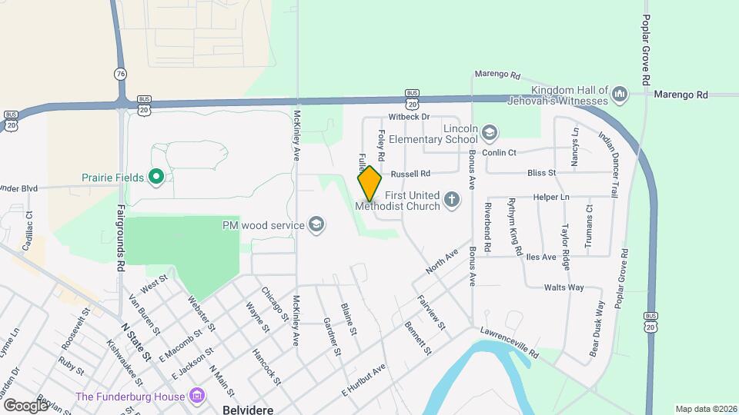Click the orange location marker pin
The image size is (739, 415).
click(369, 183)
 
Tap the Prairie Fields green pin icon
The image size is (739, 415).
click(156, 178)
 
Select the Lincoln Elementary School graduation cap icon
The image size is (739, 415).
click(488, 134)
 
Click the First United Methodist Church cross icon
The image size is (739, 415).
click(452, 201)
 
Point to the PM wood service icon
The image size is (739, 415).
click(316, 224)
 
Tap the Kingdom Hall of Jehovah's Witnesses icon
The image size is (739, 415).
click(620, 95)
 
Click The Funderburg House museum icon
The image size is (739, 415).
click(198, 397)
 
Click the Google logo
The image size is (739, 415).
click(25, 404)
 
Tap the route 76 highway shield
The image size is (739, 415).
click(119, 74)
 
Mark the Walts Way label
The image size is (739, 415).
click(563, 287)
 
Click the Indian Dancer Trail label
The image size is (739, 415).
click(608, 164)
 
